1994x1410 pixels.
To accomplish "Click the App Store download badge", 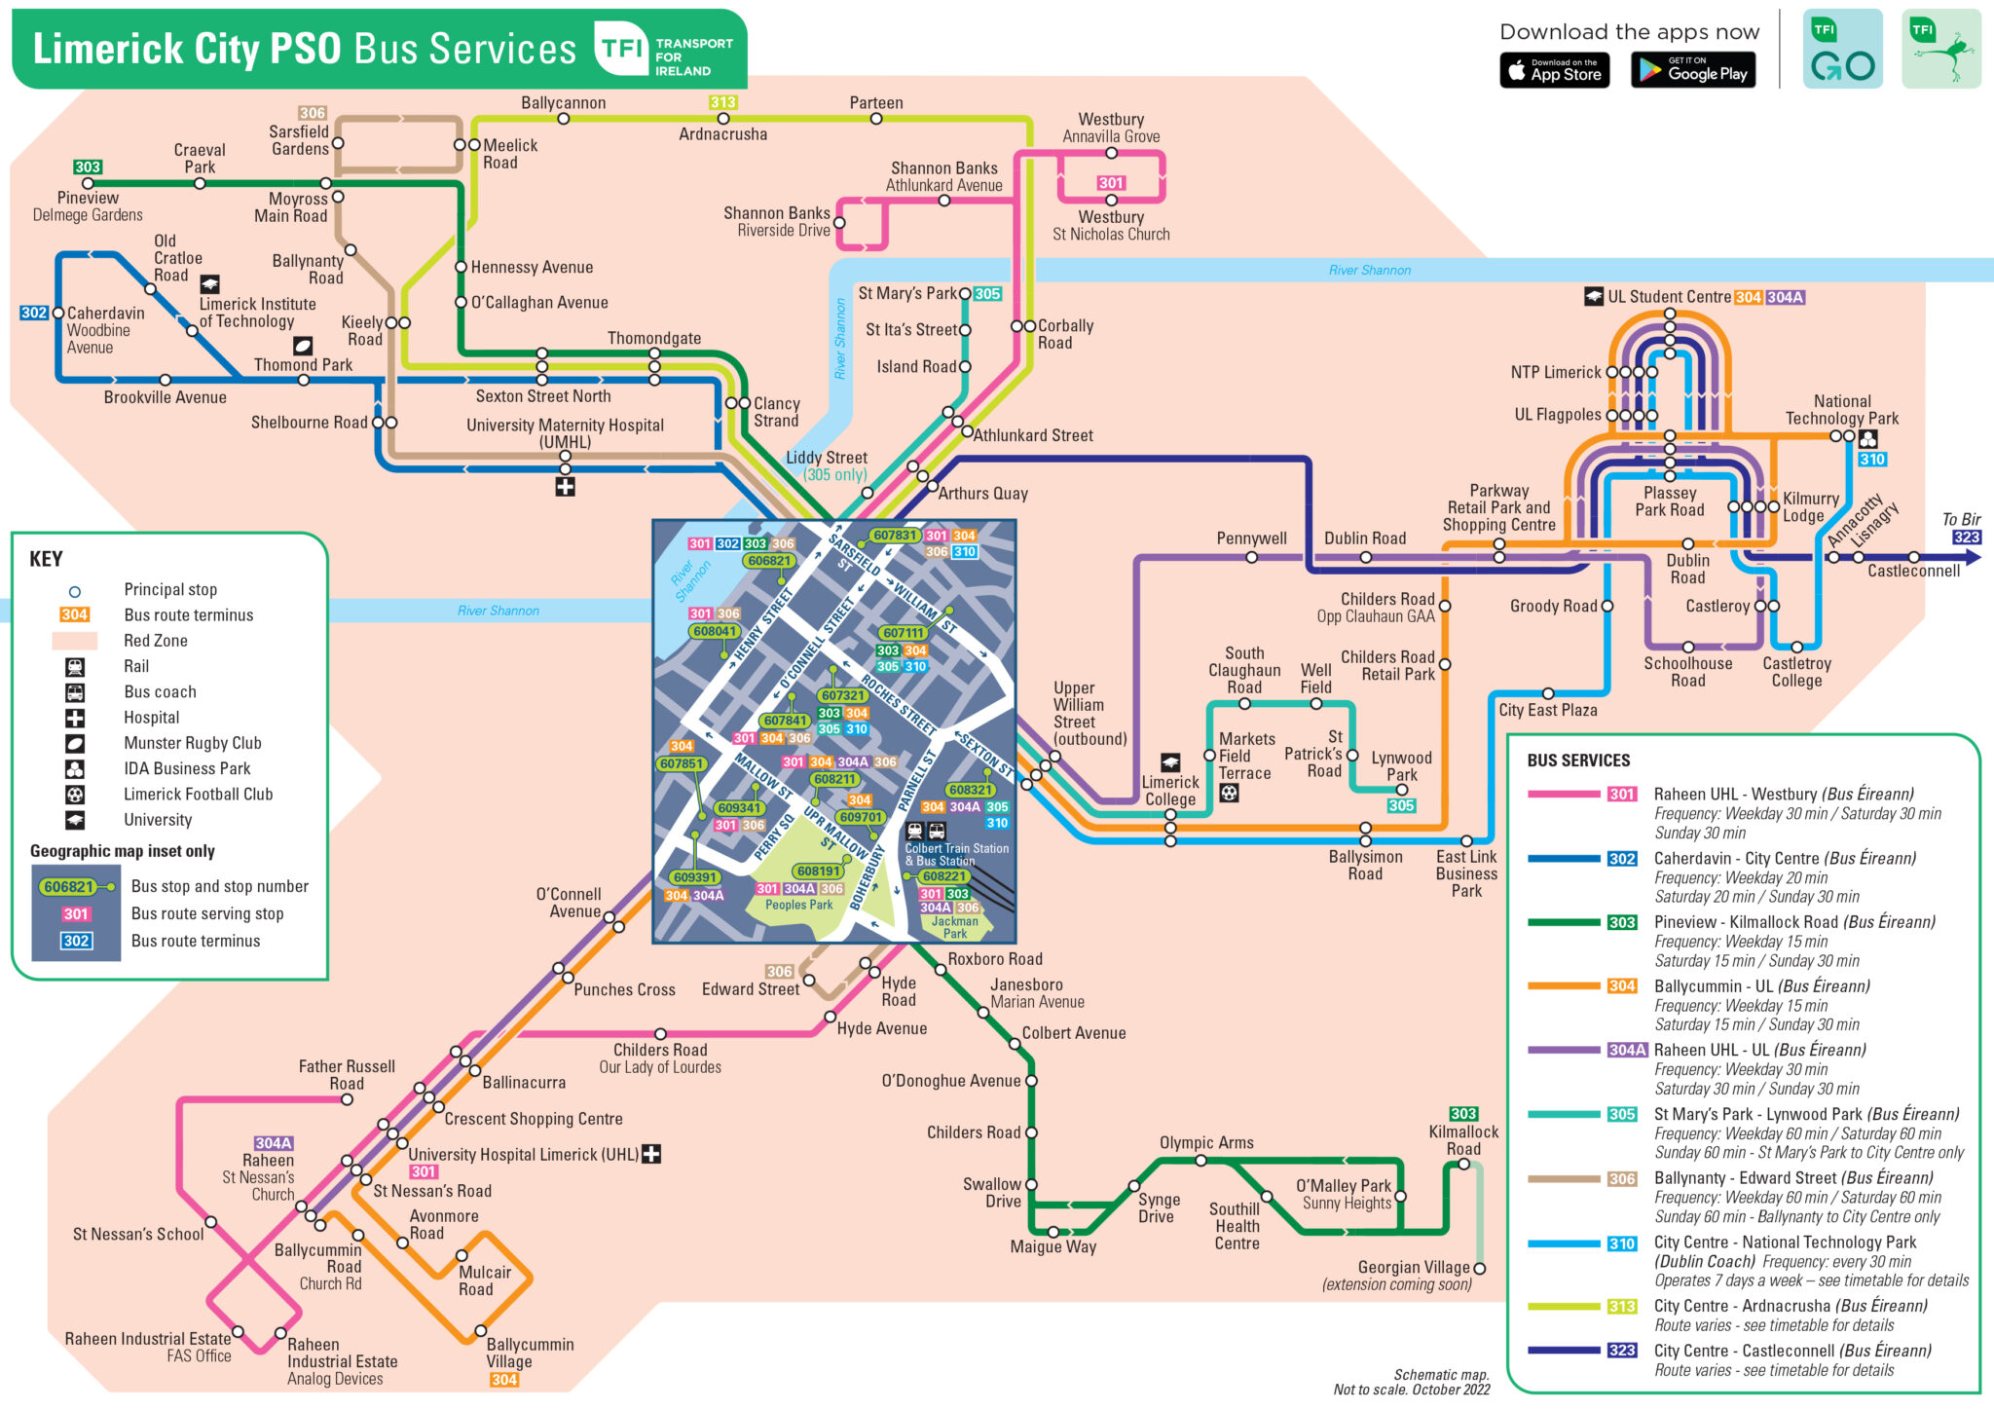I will point(1554,70).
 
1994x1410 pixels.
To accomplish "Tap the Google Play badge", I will point(1692,70).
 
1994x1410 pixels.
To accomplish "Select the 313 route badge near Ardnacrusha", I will point(722,102).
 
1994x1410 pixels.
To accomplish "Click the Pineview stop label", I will point(88,198).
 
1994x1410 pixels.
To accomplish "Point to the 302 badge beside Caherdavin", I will point(33,313).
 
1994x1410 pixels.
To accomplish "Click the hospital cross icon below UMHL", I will point(565,486).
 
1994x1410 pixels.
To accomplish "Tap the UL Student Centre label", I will point(1669,297).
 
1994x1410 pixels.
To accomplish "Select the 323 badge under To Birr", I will point(1966,538).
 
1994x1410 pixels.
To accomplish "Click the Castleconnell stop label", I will point(1913,572).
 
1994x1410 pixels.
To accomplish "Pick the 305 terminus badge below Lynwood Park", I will point(1401,805).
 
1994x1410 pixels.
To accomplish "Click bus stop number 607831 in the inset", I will point(895,536).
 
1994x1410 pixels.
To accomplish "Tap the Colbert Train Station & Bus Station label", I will point(956,854).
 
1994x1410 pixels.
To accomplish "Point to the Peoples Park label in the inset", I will point(798,905).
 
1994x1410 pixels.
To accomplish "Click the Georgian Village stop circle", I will point(1479,1268).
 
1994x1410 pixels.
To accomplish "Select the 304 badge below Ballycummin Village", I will point(503,1380).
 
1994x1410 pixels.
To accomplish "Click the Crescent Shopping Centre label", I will point(533,1119).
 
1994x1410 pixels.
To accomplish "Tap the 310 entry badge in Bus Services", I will point(1621,1243).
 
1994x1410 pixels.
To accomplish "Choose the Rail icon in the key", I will point(75,667).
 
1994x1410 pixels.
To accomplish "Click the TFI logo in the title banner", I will point(621,48).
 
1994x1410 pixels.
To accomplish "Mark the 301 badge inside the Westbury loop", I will point(1111,183).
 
